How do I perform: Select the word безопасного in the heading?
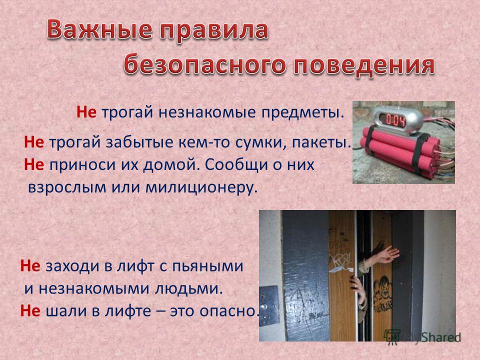205,64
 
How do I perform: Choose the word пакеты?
321,142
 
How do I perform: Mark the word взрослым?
67,188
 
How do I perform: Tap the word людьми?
188,289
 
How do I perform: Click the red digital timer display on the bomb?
395,119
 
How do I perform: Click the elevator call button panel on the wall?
269,305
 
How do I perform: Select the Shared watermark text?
441,337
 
